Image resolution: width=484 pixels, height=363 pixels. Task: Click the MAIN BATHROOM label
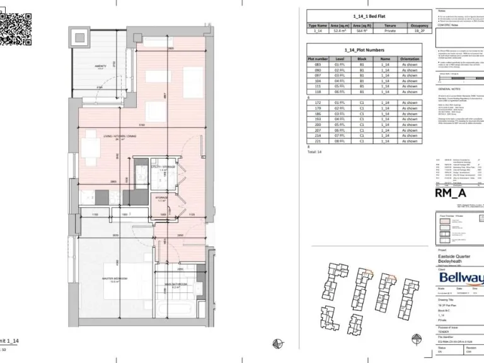(175, 284)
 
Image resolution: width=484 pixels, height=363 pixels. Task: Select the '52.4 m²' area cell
(341, 30)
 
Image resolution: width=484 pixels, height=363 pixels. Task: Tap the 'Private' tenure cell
(390, 30)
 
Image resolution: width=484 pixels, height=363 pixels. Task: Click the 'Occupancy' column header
(419, 25)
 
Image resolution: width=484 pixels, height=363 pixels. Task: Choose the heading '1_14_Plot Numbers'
(364, 49)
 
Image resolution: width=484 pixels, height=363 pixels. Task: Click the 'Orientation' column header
(410, 59)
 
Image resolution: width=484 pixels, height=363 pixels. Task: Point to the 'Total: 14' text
(314, 152)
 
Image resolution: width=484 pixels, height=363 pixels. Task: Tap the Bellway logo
(461, 278)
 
